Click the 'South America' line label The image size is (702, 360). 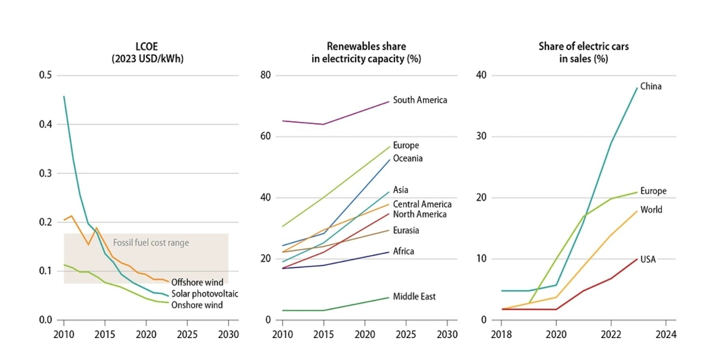click(x=420, y=100)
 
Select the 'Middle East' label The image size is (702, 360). click(x=414, y=296)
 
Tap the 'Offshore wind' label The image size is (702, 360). click(x=197, y=283)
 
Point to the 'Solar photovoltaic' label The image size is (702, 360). click(x=205, y=294)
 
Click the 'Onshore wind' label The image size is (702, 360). click(x=197, y=305)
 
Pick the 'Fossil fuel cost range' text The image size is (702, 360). click(x=151, y=242)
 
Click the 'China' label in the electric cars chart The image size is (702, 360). click(x=650, y=86)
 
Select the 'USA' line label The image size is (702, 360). click(x=648, y=259)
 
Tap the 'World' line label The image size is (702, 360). click(x=651, y=210)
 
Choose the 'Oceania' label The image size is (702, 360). click(x=407, y=159)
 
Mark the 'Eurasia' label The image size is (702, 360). click(x=406, y=230)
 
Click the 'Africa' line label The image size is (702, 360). click(x=403, y=251)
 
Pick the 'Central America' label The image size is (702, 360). click(x=422, y=204)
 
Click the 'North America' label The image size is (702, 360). click(x=420, y=214)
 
